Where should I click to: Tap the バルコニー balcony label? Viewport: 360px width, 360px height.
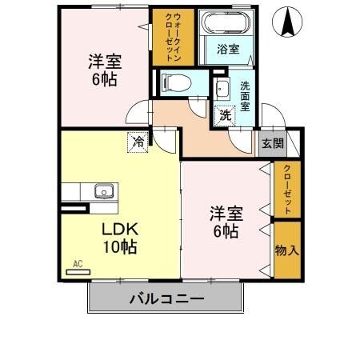pos(166,299)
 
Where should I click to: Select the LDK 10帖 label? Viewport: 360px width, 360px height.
pos(118,238)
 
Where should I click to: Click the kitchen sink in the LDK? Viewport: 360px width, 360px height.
pos(103,191)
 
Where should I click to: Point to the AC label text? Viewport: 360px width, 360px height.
pos(78,262)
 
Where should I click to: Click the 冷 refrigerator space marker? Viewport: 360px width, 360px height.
pos(138,142)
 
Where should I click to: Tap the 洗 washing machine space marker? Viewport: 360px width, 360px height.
pos(226,115)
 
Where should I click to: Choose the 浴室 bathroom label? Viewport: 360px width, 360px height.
pos(227,49)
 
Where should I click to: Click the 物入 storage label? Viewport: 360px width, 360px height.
pos(286,250)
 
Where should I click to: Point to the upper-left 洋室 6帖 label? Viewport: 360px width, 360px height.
pos(102,68)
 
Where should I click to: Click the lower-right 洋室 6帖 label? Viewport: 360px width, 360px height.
pos(225,222)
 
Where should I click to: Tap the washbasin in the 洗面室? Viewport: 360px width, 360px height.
pos(222,87)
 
